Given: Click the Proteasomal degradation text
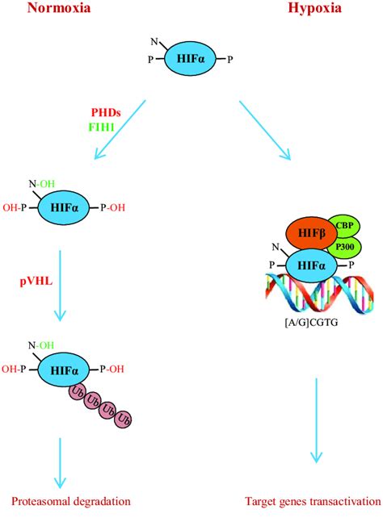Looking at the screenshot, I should point(71,502).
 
